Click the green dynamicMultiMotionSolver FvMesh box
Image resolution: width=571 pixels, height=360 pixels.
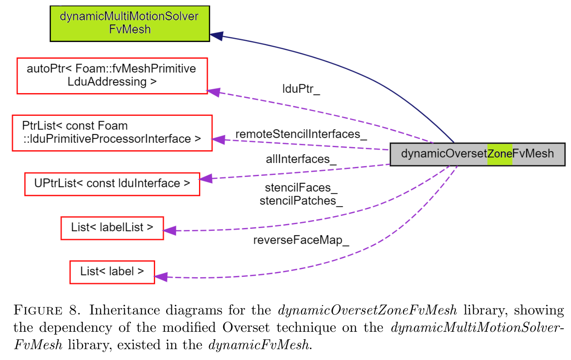tap(130, 23)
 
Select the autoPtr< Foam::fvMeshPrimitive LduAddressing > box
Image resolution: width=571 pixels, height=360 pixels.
tap(112, 76)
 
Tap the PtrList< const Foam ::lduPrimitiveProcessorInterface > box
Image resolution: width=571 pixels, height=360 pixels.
tap(112, 133)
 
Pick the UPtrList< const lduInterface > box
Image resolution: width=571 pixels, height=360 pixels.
tap(112, 184)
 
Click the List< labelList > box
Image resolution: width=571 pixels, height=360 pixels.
tap(112, 228)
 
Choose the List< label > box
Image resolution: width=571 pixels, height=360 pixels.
tap(112, 272)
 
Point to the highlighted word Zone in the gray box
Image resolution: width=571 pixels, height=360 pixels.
tap(499, 154)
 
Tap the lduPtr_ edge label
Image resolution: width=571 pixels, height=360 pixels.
tap(301, 89)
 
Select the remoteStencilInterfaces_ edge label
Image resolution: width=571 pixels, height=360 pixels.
tap(301, 134)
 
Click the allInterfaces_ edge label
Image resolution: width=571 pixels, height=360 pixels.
tap(301, 159)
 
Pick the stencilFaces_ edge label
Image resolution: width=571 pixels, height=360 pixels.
tap(301, 188)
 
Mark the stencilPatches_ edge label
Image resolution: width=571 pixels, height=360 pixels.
tap(301, 201)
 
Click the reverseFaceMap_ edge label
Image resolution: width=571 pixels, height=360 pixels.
tap(301, 240)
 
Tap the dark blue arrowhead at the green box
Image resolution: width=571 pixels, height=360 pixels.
tap(216, 36)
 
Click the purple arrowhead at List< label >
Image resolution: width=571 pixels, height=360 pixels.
tap(161, 277)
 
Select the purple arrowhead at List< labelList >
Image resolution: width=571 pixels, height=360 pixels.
tap(169, 231)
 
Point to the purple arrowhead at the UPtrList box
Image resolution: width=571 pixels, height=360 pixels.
tap(206, 179)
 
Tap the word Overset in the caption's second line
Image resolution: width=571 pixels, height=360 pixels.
tap(246, 327)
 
